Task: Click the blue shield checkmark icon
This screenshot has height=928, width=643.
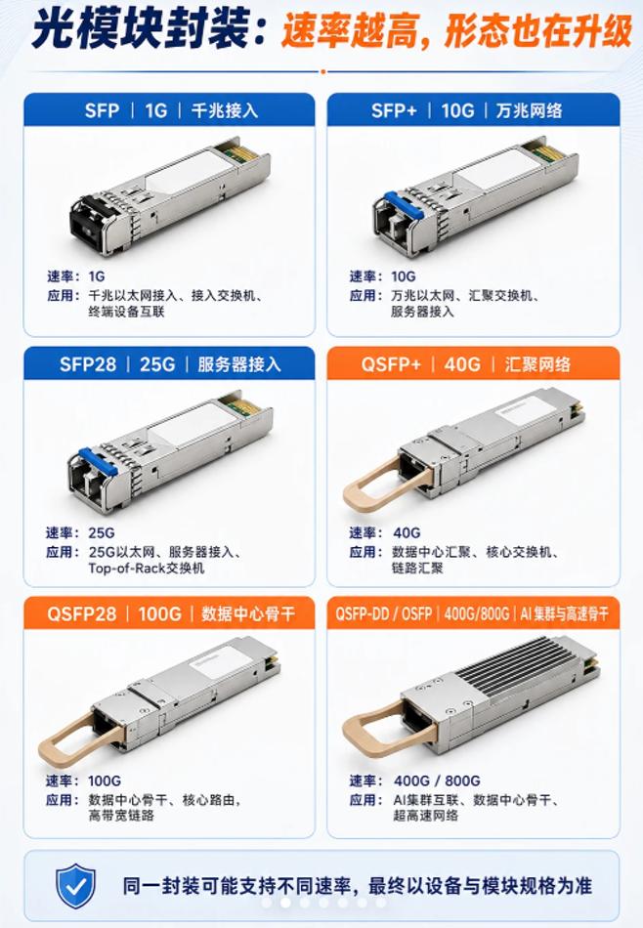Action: (x=75, y=885)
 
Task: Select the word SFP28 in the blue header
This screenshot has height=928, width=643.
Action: (x=88, y=364)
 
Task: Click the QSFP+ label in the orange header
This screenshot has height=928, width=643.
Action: (x=391, y=364)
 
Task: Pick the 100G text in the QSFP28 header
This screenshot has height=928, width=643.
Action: (x=160, y=613)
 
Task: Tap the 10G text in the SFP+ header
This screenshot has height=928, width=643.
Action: (x=457, y=110)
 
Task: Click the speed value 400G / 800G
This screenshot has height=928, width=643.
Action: (x=437, y=780)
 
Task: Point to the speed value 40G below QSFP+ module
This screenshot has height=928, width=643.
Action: (x=407, y=532)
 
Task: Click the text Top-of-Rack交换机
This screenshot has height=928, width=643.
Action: (x=147, y=569)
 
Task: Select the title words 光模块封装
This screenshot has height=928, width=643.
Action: (x=140, y=29)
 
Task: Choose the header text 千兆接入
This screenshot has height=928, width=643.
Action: (x=225, y=110)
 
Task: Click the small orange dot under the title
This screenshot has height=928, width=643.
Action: (x=322, y=71)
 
